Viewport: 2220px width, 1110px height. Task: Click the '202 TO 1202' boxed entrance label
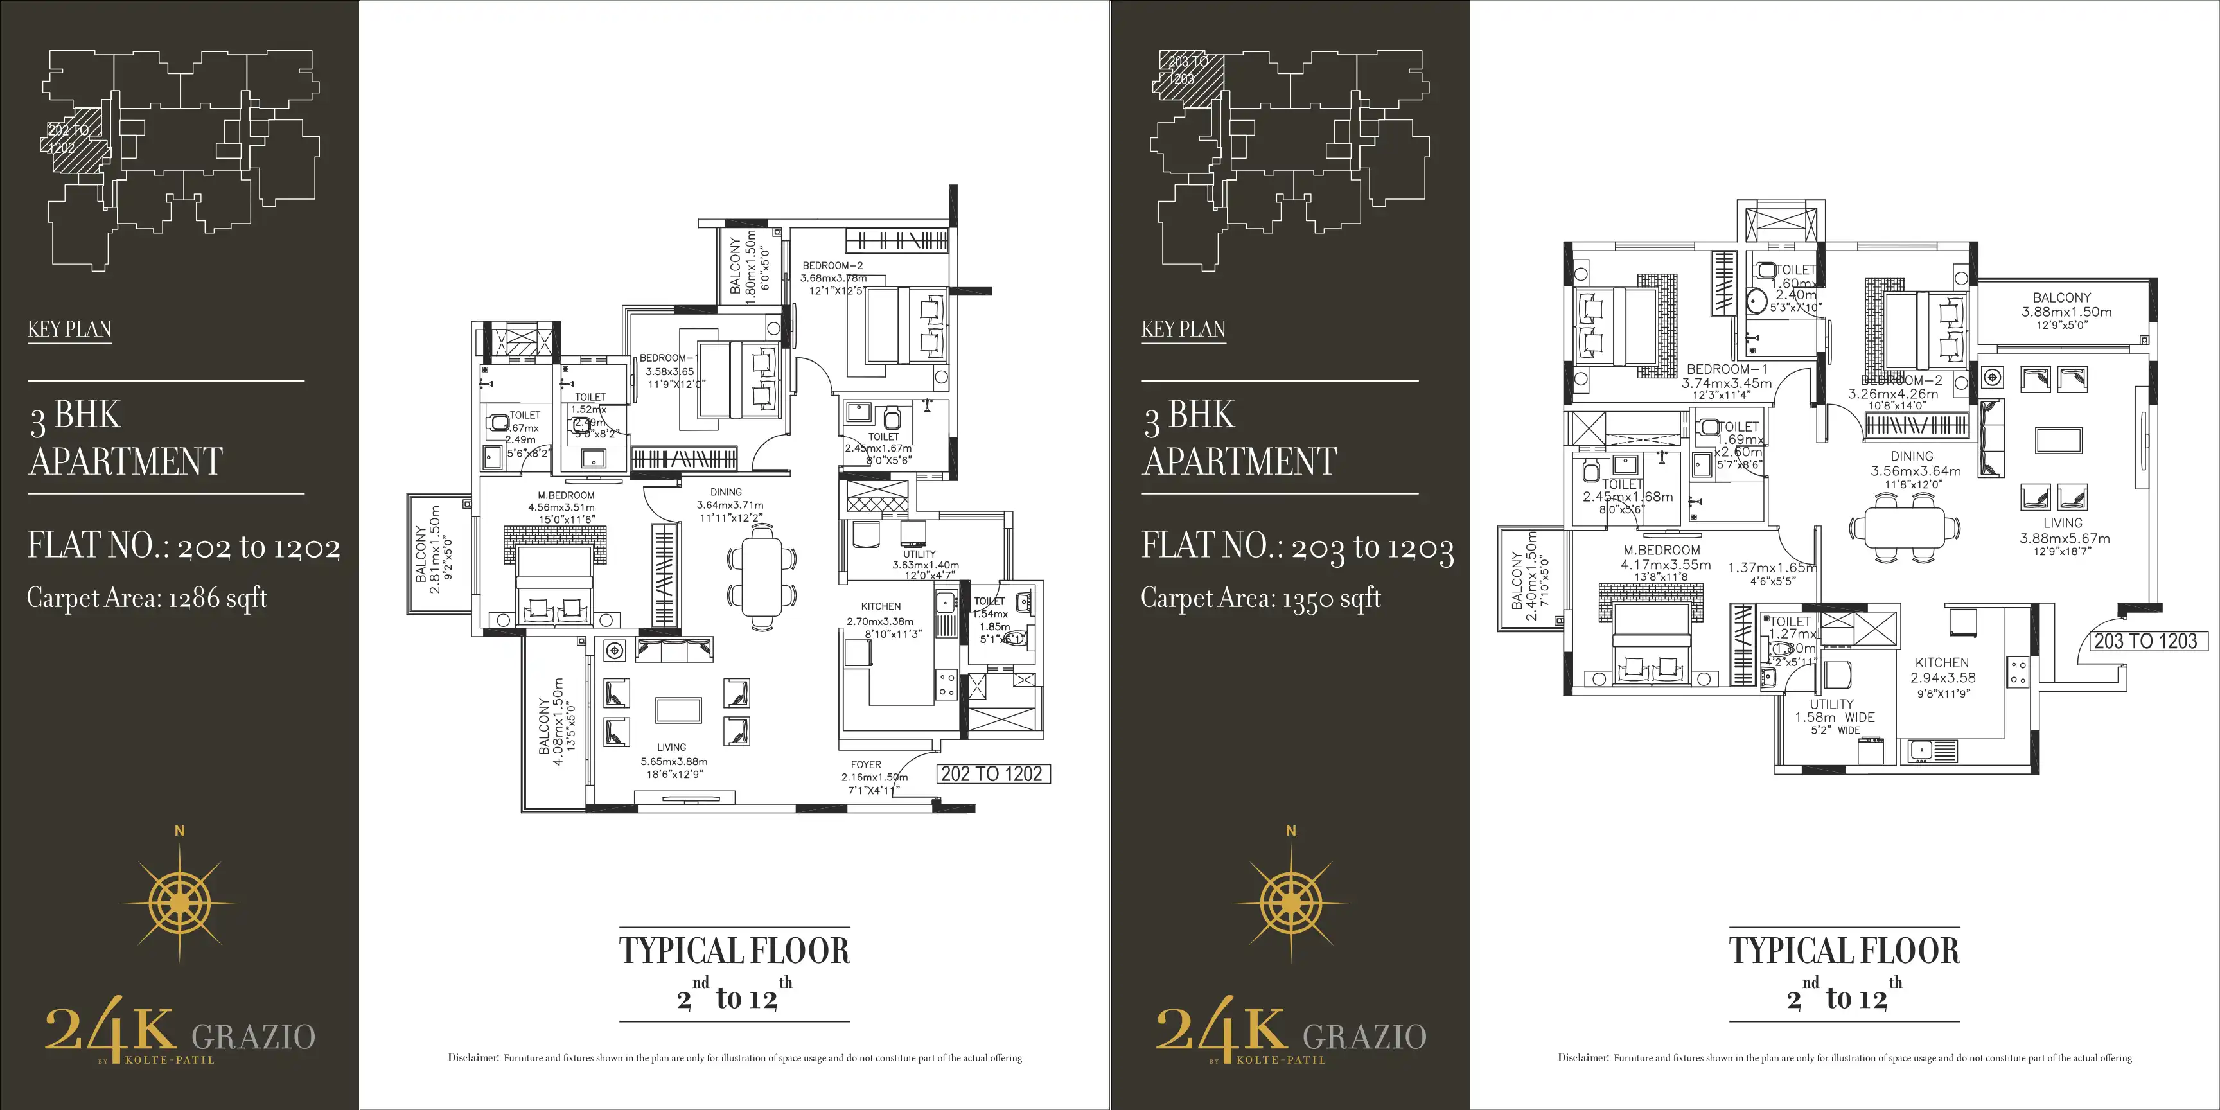993,774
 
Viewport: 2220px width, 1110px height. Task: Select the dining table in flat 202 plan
761,575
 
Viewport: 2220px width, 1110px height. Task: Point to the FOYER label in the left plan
865,764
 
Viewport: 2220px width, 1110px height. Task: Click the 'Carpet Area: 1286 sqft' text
146,597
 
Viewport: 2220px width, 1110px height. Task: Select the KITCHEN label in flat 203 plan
1942,663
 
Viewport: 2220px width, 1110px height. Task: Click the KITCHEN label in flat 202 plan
880,606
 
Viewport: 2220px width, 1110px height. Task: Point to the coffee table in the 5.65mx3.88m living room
678,709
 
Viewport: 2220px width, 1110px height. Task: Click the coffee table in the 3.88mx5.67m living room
2058,439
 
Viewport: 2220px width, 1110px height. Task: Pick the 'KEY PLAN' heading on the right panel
1183,329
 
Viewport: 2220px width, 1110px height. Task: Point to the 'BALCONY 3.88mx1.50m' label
2066,305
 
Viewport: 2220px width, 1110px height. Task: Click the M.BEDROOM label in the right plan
1662,550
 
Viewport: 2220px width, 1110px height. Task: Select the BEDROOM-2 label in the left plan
832,265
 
